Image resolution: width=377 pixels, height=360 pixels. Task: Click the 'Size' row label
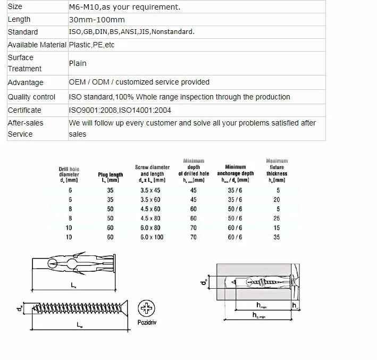[x=15, y=6]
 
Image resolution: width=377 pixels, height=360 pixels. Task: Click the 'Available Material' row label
[x=37, y=45]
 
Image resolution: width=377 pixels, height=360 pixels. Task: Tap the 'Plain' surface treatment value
[x=78, y=63]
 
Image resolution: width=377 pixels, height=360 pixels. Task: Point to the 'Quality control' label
[x=31, y=97]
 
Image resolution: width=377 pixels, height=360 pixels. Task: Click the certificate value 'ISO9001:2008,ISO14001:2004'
[x=120, y=110]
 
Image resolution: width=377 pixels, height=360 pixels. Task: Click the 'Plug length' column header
[x=111, y=177]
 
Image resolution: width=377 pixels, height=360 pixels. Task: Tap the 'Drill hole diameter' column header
[x=69, y=174]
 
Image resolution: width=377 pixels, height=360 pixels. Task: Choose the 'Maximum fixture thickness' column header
[x=277, y=170]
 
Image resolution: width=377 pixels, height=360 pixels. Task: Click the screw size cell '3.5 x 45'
[x=150, y=190]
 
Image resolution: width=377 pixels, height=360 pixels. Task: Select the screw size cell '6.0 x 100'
[x=152, y=237]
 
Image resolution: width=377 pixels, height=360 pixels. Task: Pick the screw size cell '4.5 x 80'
[x=150, y=218]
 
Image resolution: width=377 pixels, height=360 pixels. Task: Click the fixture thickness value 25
[x=277, y=218]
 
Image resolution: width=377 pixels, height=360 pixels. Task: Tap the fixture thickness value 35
[x=277, y=237]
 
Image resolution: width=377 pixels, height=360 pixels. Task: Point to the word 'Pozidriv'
[x=146, y=322]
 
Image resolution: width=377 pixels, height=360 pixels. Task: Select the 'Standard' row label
[x=22, y=32]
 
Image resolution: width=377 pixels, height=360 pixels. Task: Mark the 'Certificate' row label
[x=24, y=110]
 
